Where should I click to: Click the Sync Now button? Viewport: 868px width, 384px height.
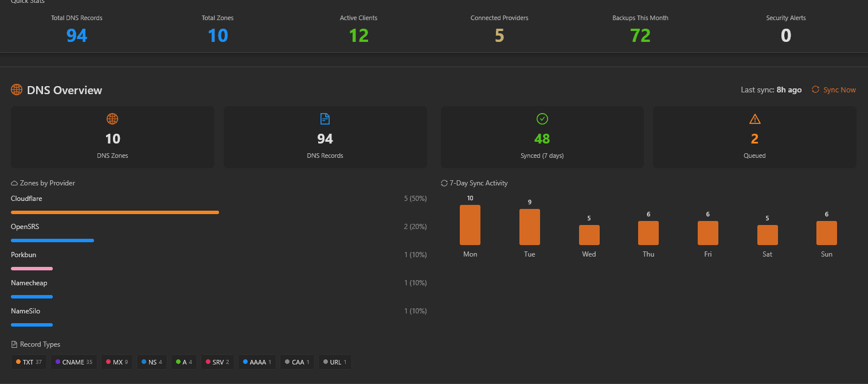(x=834, y=90)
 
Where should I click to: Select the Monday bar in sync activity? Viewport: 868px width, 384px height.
(x=470, y=225)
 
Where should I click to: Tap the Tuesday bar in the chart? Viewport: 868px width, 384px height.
(x=529, y=227)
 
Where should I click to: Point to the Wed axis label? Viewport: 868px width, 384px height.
(x=589, y=254)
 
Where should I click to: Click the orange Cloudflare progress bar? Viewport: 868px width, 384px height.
(x=115, y=212)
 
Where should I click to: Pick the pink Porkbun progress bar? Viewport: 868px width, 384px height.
(x=32, y=269)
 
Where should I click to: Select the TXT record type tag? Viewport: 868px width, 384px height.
(x=29, y=362)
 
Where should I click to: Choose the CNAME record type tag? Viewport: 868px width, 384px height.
(x=74, y=362)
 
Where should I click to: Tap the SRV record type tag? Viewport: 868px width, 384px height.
(x=217, y=362)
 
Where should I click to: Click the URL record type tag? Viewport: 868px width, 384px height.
(x=335, y=362)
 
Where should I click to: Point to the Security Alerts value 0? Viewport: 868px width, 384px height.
(x=786, y=35)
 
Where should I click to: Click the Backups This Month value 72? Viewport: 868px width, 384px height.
(x=640, y=35)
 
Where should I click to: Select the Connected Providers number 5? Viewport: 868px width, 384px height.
(x=499, y=35)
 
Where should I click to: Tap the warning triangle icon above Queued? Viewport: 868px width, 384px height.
(x=754, y=119)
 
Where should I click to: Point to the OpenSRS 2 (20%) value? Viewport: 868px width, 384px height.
(x=415, y=227)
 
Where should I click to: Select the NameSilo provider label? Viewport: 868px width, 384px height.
(x=26, y=311)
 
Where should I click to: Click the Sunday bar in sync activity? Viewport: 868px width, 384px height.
(x=827, y=233)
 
